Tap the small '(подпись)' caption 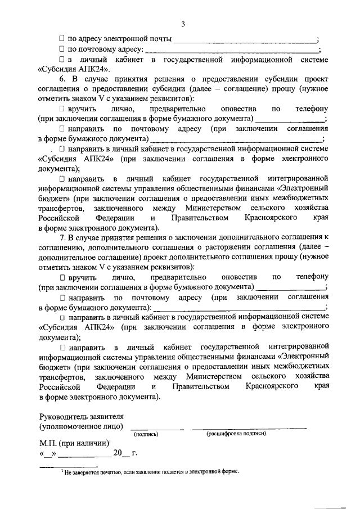click(146, 434)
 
